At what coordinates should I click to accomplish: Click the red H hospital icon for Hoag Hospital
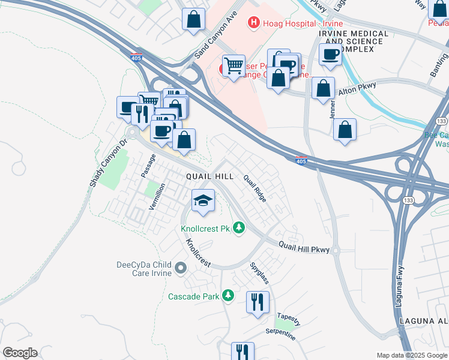(x=254, y=23)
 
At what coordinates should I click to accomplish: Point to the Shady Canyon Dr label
(x=108, y=163)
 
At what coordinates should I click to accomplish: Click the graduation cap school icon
(x=203, y=200)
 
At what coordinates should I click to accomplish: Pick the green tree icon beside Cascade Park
(x=228, y=296)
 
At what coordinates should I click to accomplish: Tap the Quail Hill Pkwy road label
(x=304, y=246)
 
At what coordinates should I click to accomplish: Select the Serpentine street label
(x=281, y=334)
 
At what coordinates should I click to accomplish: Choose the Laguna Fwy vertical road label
(x=399, y=287)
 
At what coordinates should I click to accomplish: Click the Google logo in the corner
(x=20, y=353)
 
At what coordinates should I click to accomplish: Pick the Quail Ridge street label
(x=255, y=188)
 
